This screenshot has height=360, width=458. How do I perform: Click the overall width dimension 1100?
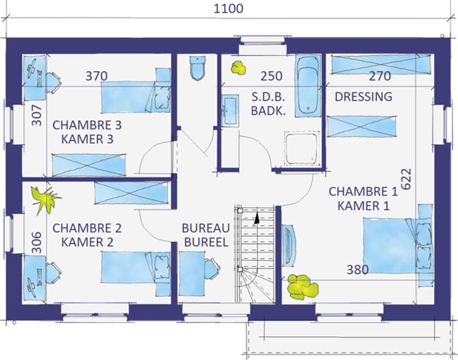(x=228, y=9)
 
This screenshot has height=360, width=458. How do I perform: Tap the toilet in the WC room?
(x=197, y=68)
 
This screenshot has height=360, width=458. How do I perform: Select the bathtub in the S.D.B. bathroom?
(x=307, y=86)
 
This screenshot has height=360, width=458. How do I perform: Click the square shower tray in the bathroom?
(x=301, y=149)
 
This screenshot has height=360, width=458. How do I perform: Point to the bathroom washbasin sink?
(x=230, y=110)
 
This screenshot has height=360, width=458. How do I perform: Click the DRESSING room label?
(x=363, y=96)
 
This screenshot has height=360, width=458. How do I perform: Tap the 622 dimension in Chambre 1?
(x=406, y=179)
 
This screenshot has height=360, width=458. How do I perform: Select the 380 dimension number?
(x=358, y=270)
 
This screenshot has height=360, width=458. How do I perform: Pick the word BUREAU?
(x=206, y=228)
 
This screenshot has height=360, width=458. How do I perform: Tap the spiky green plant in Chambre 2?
(x=45, y=199)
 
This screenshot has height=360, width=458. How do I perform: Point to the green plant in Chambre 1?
(x=302, y=287)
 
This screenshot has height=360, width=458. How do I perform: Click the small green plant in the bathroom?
(x=238, y=68)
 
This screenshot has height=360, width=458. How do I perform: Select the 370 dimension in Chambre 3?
(x=96, y=76)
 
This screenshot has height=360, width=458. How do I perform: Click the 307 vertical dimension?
(x=37, y=115)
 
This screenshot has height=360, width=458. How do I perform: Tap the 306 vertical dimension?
(x=37, y=242)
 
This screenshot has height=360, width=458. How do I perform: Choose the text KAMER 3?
(x=87, y=139)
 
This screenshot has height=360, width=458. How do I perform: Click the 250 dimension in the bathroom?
(x=271, y=76)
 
